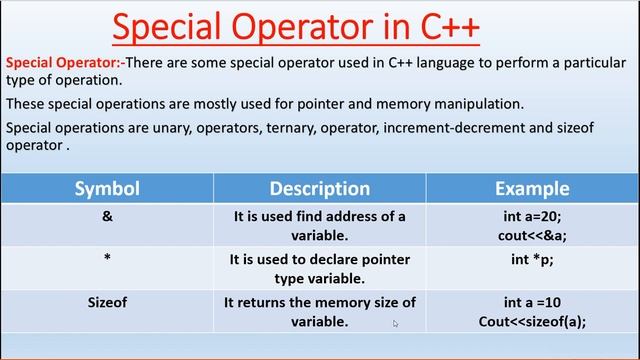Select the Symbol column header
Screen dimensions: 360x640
click(x=107, y=188)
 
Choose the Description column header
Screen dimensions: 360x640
click(x=319, y=188)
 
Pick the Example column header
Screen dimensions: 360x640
click(x=532, y=188)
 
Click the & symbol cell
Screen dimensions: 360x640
click(x=107, y=216)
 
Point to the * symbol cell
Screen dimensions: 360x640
click(x=107, y=259)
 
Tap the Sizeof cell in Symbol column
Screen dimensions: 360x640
click(x=107, y=302)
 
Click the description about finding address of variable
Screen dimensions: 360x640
click(x=319, y=226)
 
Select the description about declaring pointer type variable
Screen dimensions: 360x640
click(x=319, y=269)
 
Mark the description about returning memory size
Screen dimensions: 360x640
click(x=319, y=312)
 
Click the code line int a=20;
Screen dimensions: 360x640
click(x=532, y=216)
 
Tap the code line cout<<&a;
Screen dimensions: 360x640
click(x=532, y=236)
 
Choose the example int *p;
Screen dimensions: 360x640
click(x=532, y=259)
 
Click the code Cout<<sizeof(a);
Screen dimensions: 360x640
click(x=532, y=322)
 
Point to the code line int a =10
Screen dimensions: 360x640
click(x=532, y=302)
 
